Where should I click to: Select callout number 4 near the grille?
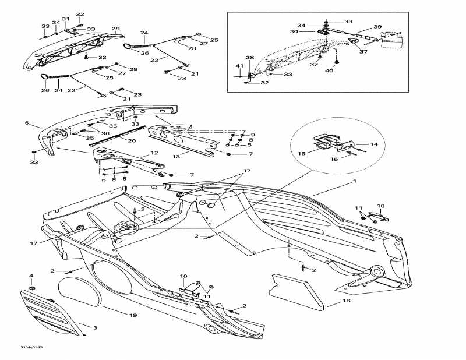(x=31, y=276)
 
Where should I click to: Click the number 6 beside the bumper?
(x=26, y=123)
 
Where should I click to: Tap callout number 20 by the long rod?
(x=132, y=140)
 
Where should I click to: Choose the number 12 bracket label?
(x=154, y=153)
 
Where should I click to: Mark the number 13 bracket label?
(x=175, y=156)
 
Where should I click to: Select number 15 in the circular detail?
(x=302, y=153)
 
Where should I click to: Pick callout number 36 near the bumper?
(x=105, y=133)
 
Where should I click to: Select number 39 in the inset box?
(x=377, y=27)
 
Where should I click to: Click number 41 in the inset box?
(x=239, y=65)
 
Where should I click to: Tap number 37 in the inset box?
(x=363, y=51)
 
